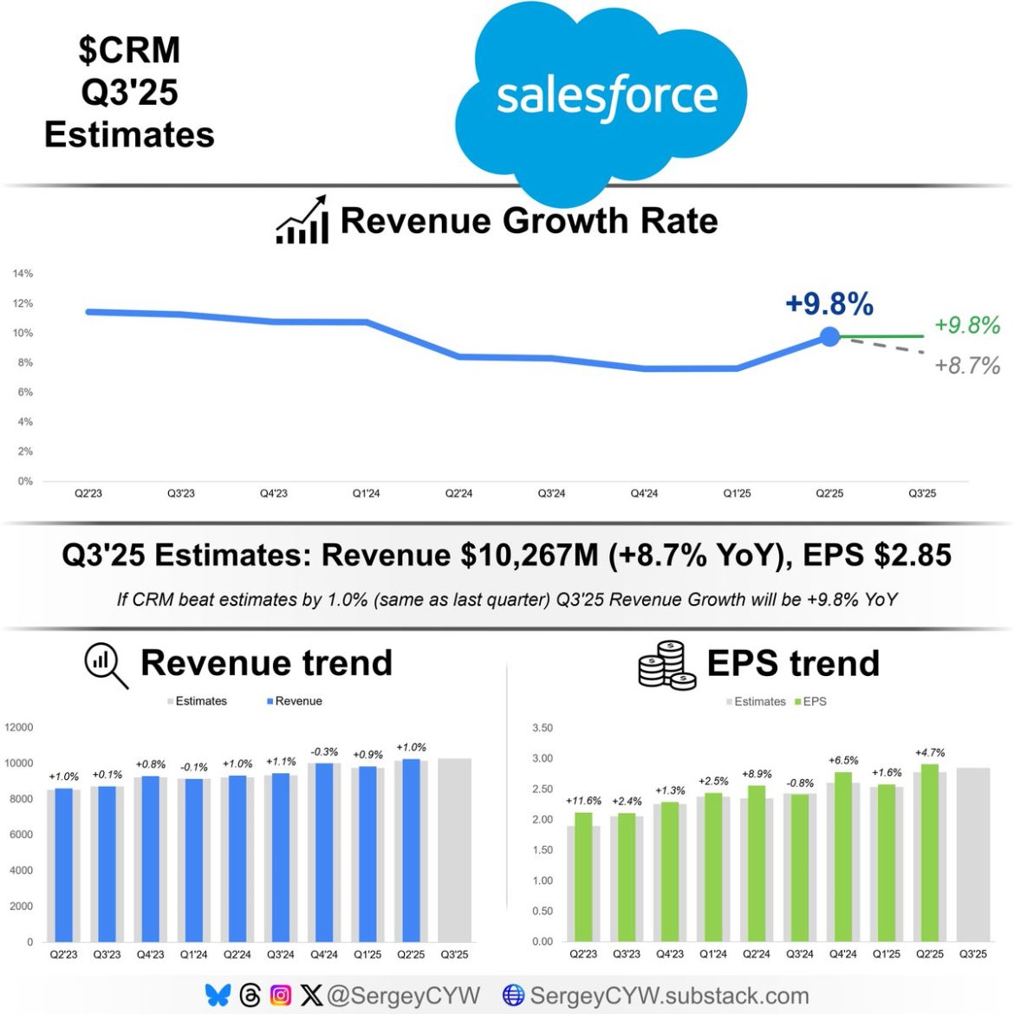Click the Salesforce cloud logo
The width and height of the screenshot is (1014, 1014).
(602, 97)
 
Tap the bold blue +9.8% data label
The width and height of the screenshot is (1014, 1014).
(829, 304)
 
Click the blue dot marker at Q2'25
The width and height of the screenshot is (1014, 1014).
(829, 336)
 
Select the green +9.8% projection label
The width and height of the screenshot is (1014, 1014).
(967, 325)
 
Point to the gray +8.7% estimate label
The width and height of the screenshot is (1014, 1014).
(967, 365)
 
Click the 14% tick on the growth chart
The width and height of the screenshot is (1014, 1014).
(23, 274)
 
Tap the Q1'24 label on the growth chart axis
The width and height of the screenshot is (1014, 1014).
(366, 493)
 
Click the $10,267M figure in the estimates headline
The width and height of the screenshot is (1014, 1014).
(529, 555)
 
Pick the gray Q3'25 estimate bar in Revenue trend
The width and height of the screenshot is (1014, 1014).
(454, 849)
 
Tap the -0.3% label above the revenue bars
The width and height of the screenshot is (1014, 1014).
(324, 751)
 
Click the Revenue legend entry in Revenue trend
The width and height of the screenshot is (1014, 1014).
(294, 701)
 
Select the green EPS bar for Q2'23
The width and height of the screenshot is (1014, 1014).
(583, 875)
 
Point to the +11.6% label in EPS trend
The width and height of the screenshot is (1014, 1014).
(583, 801)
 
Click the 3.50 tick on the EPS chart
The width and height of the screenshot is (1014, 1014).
(542, 728)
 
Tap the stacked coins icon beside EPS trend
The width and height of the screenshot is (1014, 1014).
(666, 666)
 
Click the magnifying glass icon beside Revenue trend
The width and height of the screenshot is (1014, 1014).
(106, 666)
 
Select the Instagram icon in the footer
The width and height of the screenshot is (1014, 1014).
(281, 996)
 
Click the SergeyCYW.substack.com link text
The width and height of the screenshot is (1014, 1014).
(668, 996)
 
